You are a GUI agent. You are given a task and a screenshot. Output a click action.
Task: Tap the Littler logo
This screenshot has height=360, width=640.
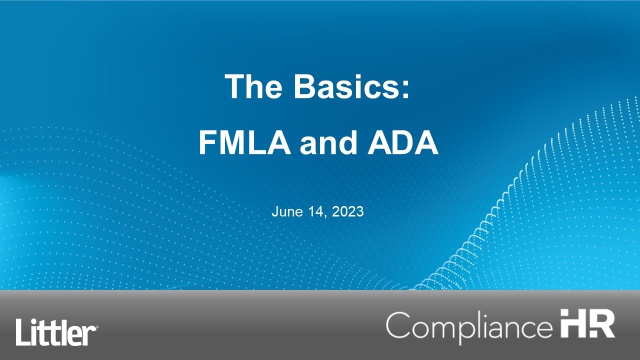(x=56, y=331)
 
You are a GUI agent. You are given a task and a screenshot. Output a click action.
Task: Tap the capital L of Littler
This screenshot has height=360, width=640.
(x=22, y=331)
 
